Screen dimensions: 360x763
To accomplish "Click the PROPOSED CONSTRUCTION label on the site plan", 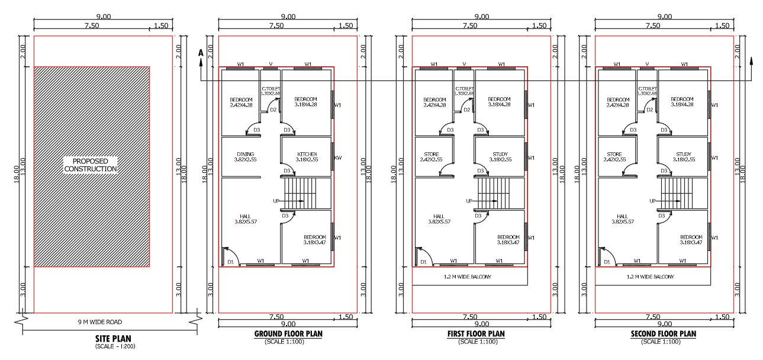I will coord(91,165).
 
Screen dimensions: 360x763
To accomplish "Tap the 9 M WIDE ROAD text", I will coord(104,322).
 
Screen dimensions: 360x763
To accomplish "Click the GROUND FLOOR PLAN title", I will coord(288,334).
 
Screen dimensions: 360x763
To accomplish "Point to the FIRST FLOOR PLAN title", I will coord(476,334).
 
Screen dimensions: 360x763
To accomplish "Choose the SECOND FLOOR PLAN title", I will coord(664,334).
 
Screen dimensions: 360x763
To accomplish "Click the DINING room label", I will coord(245,155).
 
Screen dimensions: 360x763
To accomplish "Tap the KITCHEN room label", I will coord(306,155).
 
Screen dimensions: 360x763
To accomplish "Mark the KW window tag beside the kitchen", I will coord(339,158).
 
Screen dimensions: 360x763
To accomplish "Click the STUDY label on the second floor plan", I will coord(683,155).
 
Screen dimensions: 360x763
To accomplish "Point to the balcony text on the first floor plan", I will coord(467,277).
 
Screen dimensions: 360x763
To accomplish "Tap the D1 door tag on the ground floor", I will coord(230,262).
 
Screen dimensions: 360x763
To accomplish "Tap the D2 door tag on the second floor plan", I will coord(649,110).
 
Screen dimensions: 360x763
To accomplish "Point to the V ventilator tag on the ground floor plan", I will coord(271,64).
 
